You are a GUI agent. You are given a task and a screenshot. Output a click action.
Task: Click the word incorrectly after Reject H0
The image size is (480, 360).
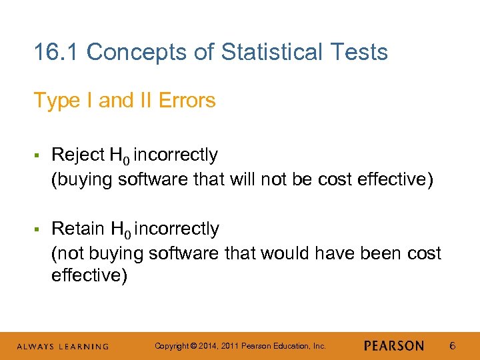176,155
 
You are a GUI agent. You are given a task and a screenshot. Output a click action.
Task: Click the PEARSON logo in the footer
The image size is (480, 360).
393,345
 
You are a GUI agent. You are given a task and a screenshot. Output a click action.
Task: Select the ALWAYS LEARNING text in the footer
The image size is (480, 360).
63,346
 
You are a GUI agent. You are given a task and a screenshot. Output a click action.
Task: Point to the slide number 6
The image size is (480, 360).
452,345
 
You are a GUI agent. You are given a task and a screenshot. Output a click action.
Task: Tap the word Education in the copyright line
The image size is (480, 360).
291,346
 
